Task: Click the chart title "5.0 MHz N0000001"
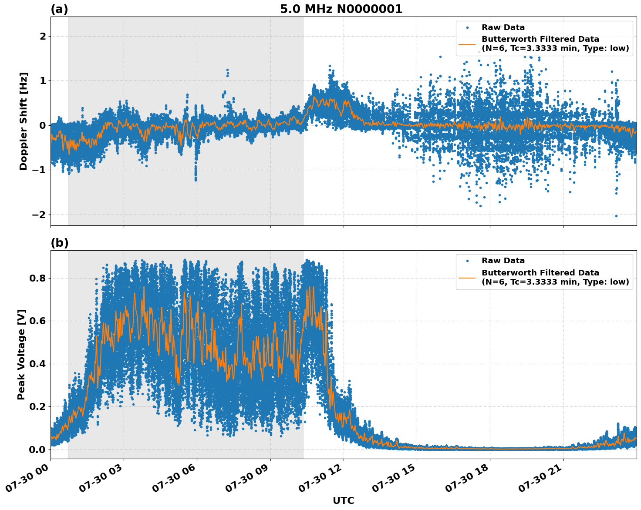click(x=341, y=9)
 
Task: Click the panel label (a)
click(x=59, y=9)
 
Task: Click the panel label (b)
click(x=59, y=243)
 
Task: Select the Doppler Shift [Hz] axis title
click(x=24, y=121)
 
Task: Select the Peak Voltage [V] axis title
click(x=21, y=354)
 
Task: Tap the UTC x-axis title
click(x=343, y=500)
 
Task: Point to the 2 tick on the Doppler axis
click(x=43, y=37)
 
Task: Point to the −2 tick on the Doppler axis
click(x=39, y=215)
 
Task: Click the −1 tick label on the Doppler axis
click(x=39, y=170)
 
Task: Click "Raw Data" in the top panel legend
click(x=503, y=27)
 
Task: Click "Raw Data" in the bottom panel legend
click(x=503, y=261)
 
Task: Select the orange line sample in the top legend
click(x=467, y=44)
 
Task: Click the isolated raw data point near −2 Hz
click(x=616, y=216)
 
